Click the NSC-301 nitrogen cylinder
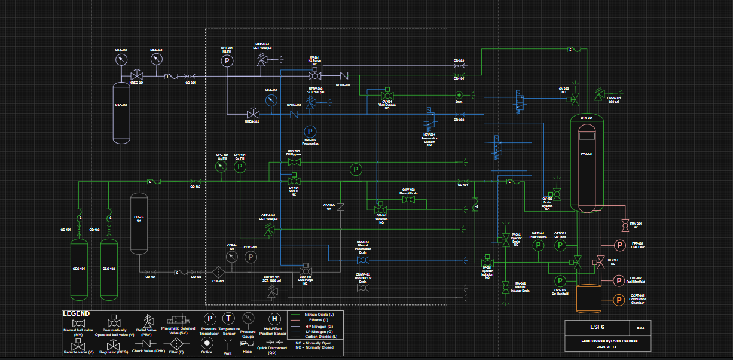click(121, 112)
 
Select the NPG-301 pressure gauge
click(122, 60)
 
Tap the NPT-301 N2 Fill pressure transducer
click(227, 60)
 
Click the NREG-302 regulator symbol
click(254, 114)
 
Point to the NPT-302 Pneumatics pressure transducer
click(310, 131)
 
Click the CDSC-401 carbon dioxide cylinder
click(139, 223)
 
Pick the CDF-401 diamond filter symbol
click(218, 272)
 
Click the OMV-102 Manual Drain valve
click(409, 199)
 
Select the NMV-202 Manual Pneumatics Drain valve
click(366, 260)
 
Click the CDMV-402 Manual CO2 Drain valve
click(363, 288)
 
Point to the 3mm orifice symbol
click(459, 95)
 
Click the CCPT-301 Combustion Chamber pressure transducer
click(619, 301)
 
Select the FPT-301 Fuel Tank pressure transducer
click(619, 245)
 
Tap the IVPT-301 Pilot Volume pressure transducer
click(537, 245)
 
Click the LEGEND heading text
click(77, 313)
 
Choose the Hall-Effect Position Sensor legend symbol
click(274, 319)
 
